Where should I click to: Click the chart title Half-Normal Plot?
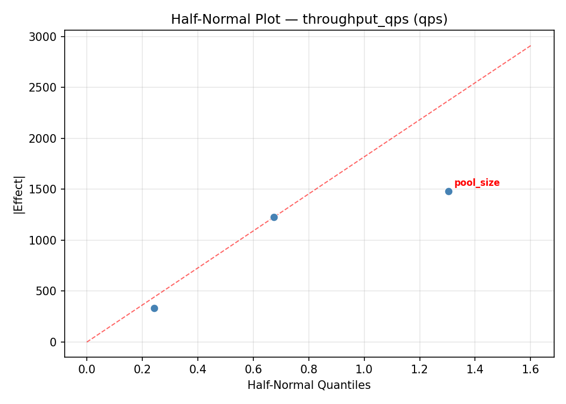[309, 19]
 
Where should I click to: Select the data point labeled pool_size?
[448, 191]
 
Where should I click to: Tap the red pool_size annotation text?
[477, 183]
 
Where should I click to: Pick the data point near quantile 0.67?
[274, 217]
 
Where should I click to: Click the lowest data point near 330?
[154, 308]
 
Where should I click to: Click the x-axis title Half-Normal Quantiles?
[309, 385]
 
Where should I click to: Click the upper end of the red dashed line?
[531, 45]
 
